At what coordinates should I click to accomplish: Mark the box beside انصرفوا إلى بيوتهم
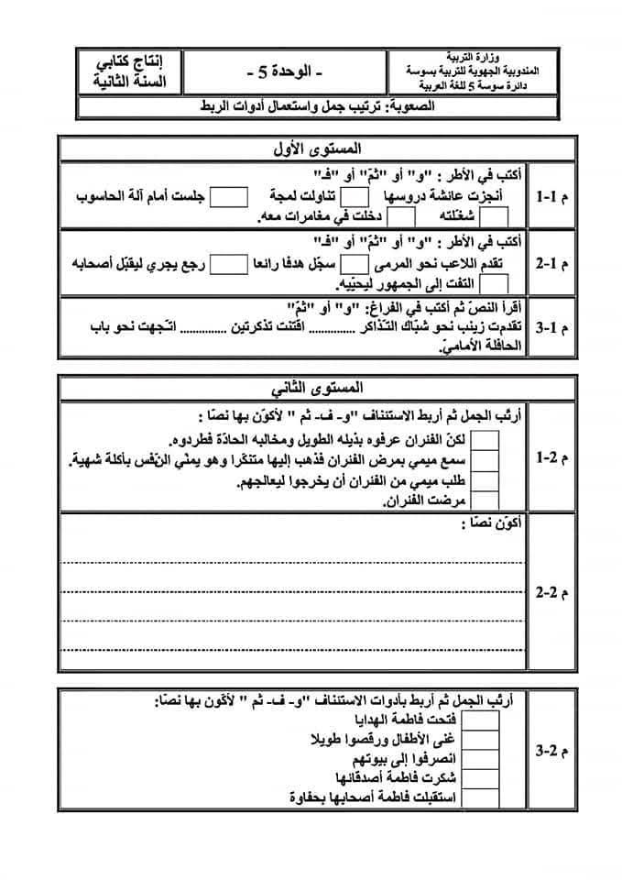pos(487,760)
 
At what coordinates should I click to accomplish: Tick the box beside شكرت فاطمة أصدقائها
pos(487,779)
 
